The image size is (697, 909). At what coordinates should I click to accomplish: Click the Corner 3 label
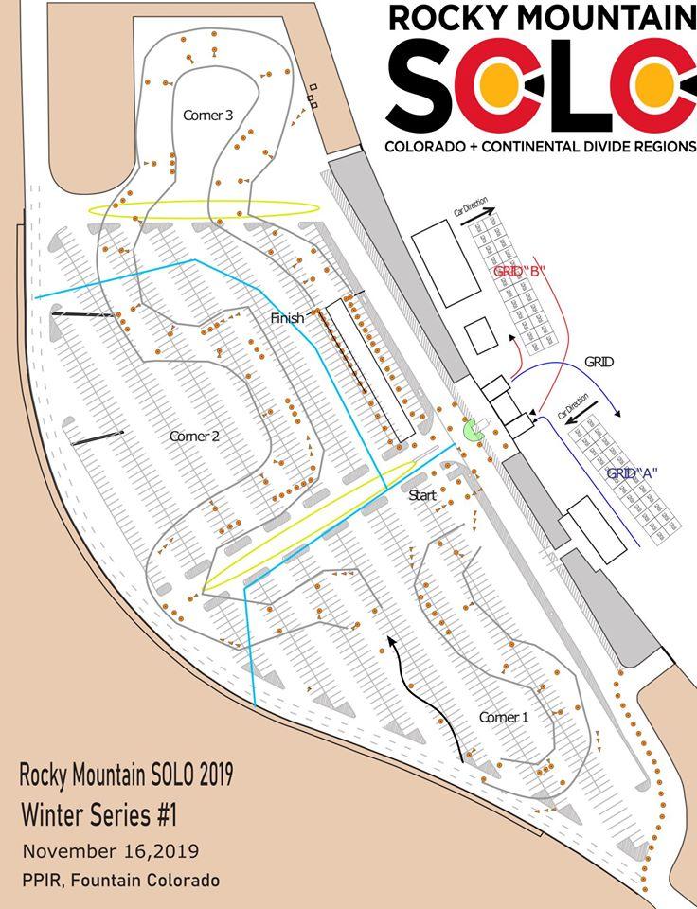click(x=207, y=116)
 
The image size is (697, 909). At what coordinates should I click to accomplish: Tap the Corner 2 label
click(x=194, y=437)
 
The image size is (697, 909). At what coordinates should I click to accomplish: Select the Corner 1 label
click(x=504, y=717)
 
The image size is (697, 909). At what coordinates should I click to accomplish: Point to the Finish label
click(x=287, y=318)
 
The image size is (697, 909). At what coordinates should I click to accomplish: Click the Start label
click(x=422, y=495)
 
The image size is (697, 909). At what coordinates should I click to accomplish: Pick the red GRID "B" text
click(x=521, y=271)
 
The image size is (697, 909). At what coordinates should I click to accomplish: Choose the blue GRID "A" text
click(x=633, y=473)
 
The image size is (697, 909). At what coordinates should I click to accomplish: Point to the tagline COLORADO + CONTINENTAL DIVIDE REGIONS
click(x=540, y=147)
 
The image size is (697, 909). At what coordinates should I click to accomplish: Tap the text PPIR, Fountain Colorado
click(x=120, y=880)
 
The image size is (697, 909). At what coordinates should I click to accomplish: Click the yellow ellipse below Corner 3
click(x=204, y=207)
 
